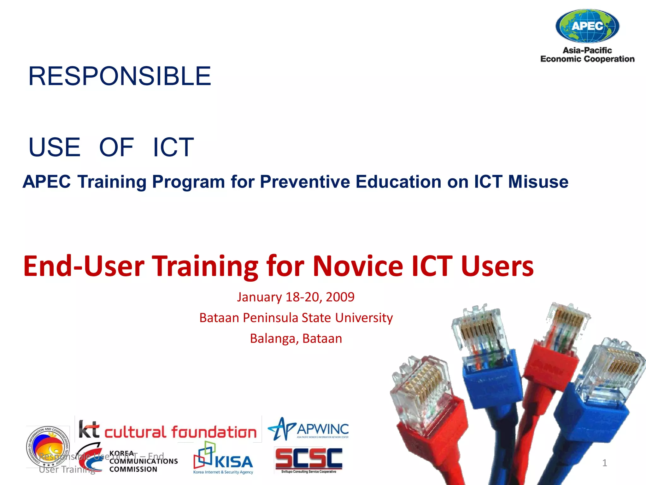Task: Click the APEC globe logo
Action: (587, 26)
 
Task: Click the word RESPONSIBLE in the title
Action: (120, 76)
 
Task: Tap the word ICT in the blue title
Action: (173, 147)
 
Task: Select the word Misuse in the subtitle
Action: (538, 182)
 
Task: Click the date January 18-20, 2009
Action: (296, 297)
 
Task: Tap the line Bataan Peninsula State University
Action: (296, 318)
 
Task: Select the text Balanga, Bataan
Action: (296, 338)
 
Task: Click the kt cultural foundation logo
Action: (168, 430)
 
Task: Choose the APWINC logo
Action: (308, 429)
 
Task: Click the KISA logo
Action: (223, 459)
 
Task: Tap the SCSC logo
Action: (308, 460)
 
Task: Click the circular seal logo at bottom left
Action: (48, 446)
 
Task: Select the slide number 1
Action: (604, 463)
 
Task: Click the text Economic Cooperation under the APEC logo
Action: (587, 59)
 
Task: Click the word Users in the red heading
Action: (497, 266)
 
